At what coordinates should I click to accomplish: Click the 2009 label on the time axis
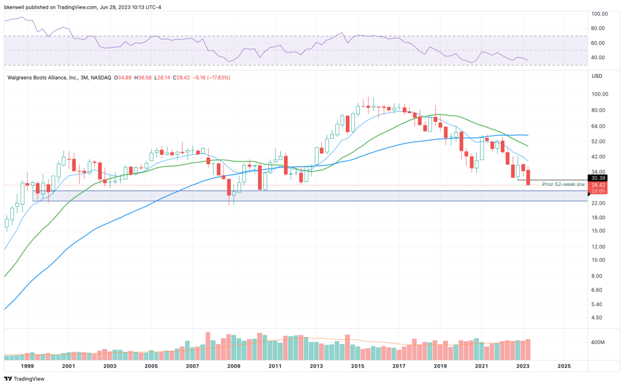pos(233,366)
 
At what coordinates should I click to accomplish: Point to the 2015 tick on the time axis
pos(357,366)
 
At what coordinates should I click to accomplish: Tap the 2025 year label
pos(564,366)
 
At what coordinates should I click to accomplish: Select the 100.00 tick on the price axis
pos(600,94)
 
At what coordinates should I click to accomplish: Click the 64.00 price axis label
pos(600,126)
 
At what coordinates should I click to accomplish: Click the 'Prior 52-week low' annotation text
pos(564,184)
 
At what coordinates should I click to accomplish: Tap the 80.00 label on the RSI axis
pos(600,29)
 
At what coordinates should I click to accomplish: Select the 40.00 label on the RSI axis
pos(600,58)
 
